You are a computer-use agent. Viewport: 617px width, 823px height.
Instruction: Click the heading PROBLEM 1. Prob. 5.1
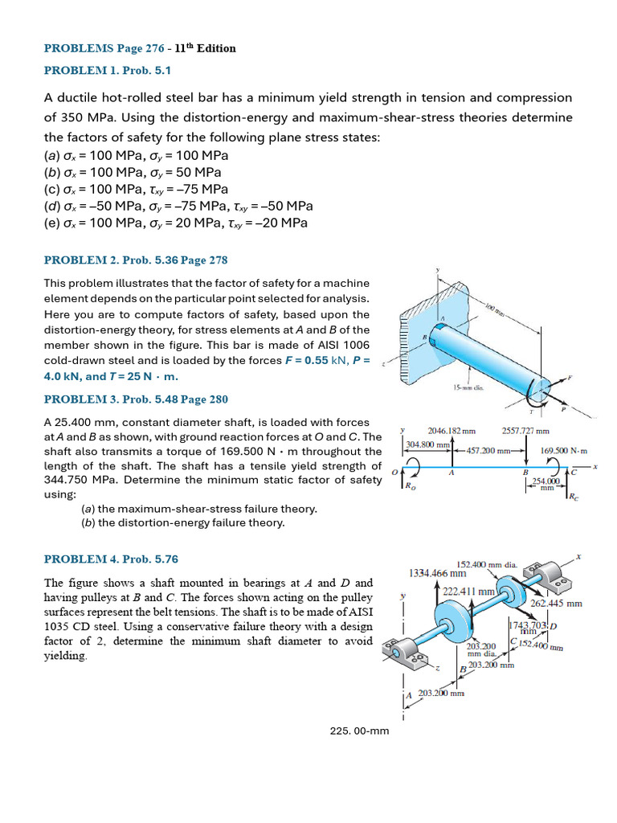point(108,70)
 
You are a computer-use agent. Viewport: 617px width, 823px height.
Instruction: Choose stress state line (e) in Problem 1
point(176,223)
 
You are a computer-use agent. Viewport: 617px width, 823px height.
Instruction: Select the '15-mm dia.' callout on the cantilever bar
point(468,388)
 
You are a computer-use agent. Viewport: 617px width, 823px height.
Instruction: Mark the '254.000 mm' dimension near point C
point(545,482)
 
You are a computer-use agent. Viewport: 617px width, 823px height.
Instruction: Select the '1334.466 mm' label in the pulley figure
point(437,573)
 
